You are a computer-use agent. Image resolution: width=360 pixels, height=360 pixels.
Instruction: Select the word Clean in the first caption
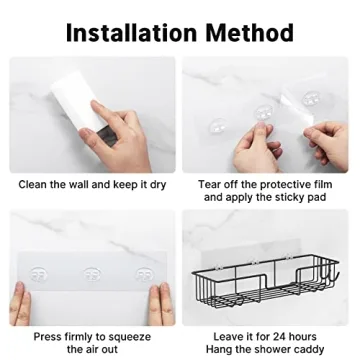click(34, 185)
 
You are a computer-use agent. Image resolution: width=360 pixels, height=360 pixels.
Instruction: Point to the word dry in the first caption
click(157, 185)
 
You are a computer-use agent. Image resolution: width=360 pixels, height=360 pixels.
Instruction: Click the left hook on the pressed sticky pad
click(40, 244)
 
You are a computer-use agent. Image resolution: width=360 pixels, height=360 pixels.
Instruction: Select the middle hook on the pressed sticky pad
click(89, 245)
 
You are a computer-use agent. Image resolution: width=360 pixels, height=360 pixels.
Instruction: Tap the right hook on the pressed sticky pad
click(140, 244)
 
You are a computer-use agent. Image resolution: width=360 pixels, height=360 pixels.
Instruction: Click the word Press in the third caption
click(50, 337)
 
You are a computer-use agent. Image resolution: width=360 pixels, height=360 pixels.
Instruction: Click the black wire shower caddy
click(262, 281)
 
